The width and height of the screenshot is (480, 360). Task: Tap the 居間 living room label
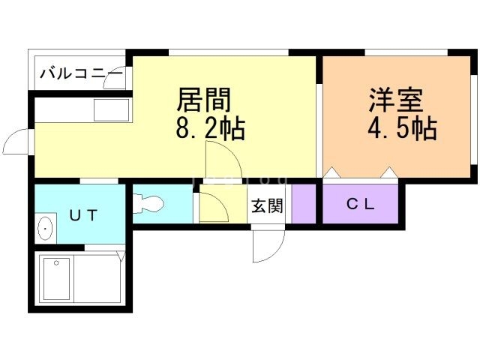click(203, 99)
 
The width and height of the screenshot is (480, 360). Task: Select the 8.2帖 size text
click(210, 129)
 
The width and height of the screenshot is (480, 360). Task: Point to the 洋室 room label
click(395, 100)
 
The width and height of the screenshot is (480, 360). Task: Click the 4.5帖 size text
click(401, 129)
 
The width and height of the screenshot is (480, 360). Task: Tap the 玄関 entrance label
click(266, 205)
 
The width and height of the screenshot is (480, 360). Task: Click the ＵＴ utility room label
click(83, 215)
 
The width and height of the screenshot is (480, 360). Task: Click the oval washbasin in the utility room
click(45, 228)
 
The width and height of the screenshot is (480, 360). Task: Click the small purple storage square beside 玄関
click(304, 203)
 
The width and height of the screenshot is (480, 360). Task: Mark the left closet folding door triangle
click(331, 173)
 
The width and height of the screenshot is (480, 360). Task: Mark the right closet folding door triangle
click(388, 173)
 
